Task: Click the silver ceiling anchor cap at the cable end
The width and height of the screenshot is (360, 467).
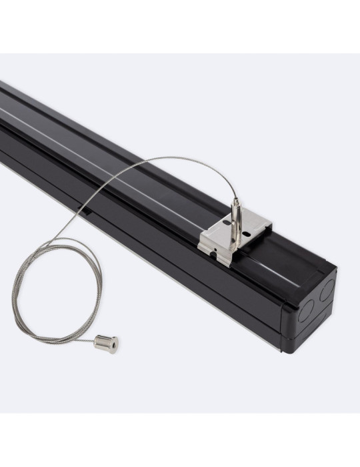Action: (105, 344)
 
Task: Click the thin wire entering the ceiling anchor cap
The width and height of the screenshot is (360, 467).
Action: (83, 341)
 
